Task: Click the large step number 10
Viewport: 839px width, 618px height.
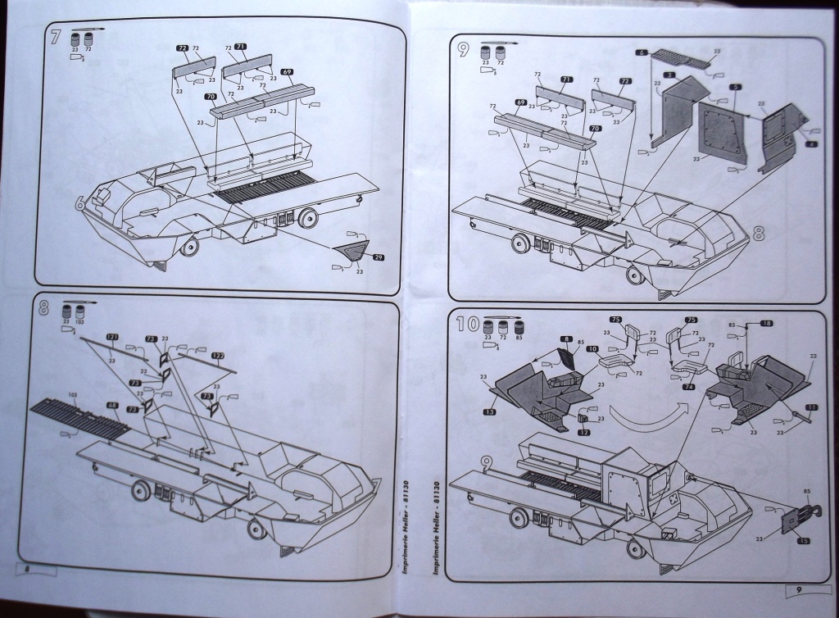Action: pos(467,323)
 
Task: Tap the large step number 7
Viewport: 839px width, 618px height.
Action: pos(56,38)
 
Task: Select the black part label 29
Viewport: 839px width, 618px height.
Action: pos(378,257)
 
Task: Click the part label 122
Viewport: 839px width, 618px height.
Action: pos(217,356)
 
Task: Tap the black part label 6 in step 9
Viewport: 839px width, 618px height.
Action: pos(642,52)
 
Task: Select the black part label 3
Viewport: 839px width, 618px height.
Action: pos(669,75)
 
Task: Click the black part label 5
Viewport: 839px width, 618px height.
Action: pos(736,87)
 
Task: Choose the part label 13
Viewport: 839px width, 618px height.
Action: pos(490,411)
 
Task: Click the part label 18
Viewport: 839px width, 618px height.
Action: pos(766,325)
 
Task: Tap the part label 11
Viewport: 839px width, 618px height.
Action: pos(811,407)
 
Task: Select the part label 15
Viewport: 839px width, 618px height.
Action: pos(803,542)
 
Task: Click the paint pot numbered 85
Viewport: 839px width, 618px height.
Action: pos(518,325)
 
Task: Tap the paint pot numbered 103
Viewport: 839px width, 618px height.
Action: pos(80,312)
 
